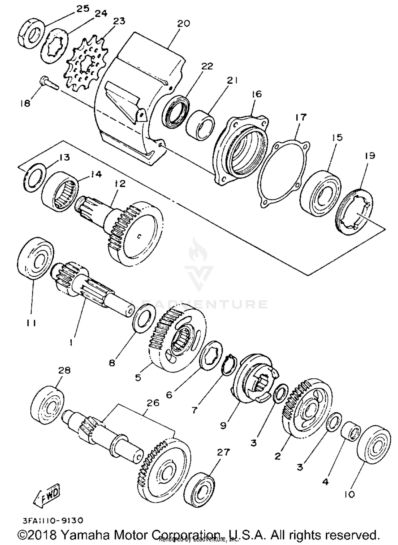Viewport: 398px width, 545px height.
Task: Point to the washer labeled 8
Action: coord(144,318)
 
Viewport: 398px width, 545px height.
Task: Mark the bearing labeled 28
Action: coord(48,405)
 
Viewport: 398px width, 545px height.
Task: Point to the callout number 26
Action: coord(153,403)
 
